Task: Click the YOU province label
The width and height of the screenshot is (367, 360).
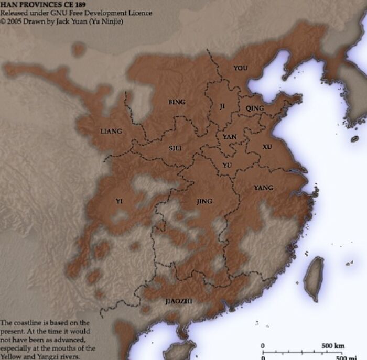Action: [x=240, y=68]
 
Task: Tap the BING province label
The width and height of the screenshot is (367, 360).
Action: [x=176, y=102]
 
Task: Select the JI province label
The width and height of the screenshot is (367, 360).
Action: [x=222, y=106]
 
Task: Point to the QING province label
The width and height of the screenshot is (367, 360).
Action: [x=255, y=108]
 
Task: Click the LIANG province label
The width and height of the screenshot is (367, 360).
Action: [x=111, y=131]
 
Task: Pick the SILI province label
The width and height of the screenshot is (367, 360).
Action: [x=175, y=148]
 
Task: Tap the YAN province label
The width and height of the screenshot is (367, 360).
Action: [x=230, y=137]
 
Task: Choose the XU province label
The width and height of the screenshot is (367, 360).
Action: [x=267, y=147]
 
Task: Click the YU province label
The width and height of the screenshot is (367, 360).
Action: [x=227, y=165]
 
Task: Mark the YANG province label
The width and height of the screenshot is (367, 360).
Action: [x=263, y=188]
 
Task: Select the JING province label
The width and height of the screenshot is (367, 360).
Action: [x=204, y=201]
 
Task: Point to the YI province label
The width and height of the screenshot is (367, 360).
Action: [x=119, y=201]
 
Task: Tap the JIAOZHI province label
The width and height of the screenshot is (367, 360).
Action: [x=179, y=301]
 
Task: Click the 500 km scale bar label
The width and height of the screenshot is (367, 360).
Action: [x=333, y=346]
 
